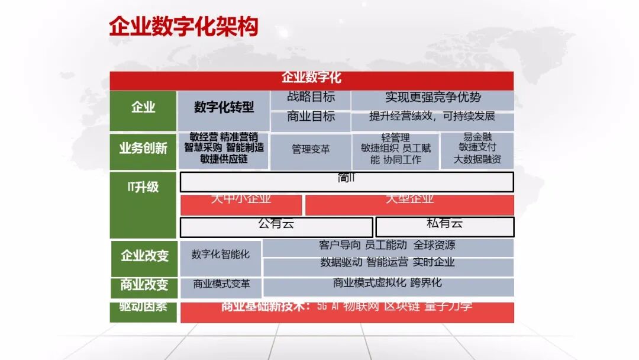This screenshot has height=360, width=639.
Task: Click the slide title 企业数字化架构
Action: click(183, 27)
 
